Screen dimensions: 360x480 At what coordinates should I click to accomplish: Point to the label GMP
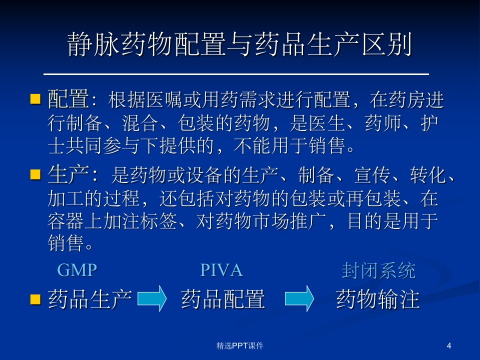click(77, 270)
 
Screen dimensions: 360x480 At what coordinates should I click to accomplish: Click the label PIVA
click(221, 270)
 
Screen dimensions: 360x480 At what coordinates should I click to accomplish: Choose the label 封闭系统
click(378, 270)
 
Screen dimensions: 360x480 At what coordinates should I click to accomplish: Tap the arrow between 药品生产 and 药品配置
click(152, 299)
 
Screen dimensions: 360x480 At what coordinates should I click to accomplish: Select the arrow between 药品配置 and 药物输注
click(299, 299)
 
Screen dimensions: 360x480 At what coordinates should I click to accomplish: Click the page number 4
click(448, 345)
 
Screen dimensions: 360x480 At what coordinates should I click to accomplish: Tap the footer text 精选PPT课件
click(240, 345)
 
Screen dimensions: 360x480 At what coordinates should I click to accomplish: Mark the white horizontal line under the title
click(236, 74)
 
